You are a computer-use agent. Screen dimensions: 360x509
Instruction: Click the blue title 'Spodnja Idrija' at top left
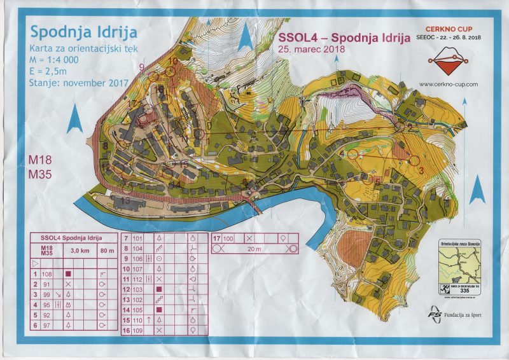coord(83,32)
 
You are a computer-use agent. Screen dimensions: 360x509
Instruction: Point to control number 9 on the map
coord(141,66)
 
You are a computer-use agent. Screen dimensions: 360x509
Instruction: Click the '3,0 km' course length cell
coord(80,249)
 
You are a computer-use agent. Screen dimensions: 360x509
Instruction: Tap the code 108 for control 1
coord(48,273)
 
